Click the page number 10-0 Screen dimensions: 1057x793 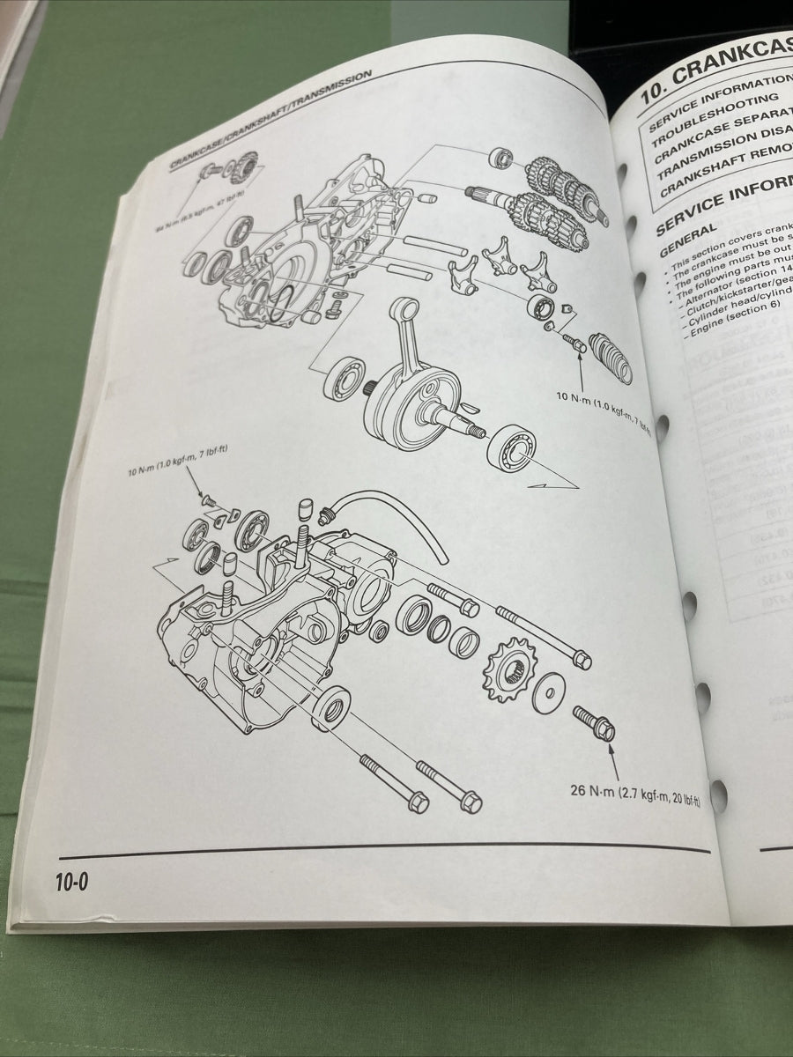[75, 881]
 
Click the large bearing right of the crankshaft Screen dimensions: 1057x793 [511, 450]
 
